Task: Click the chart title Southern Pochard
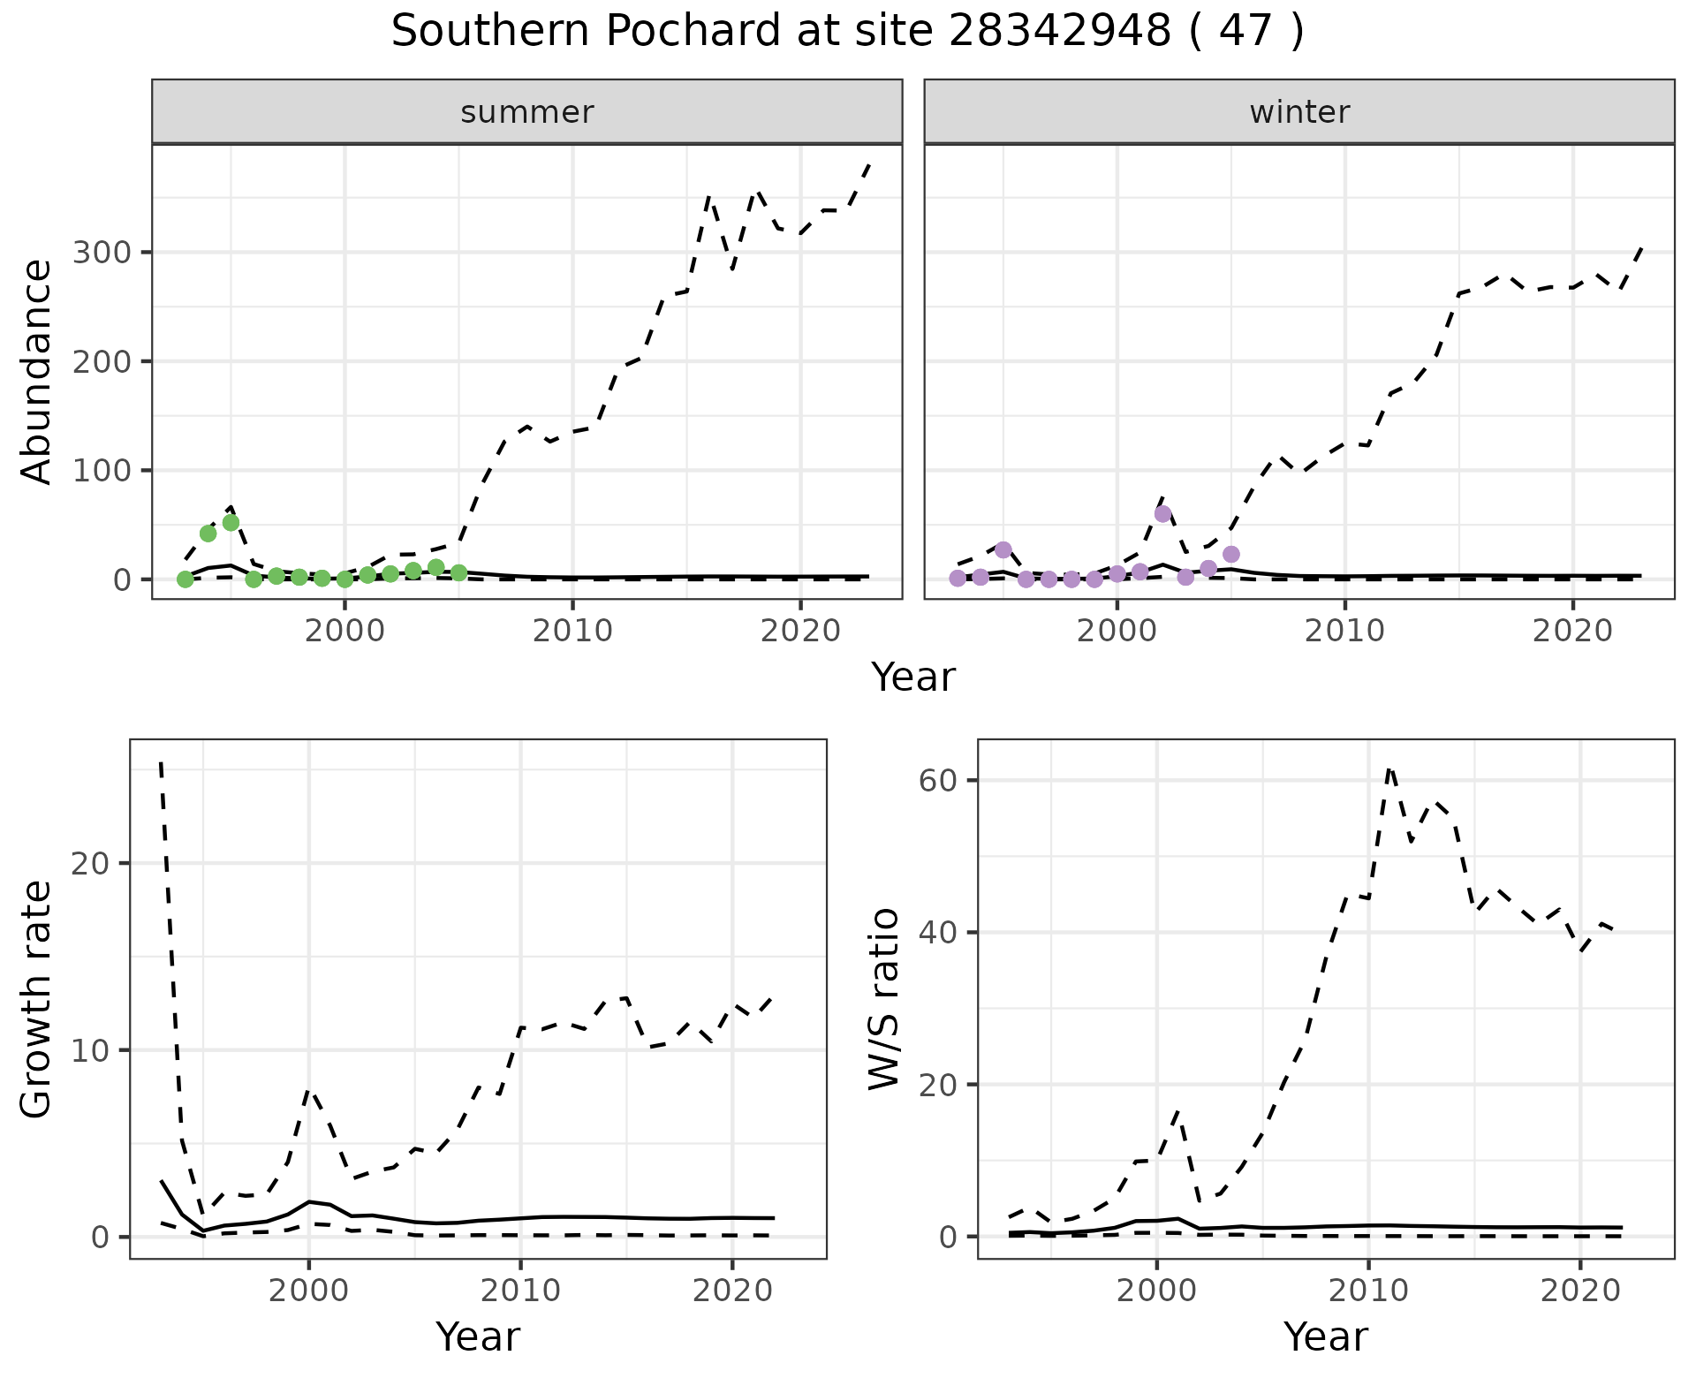click(x=847, y=32)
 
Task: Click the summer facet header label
click(x=526, y=112)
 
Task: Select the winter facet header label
click(x=1298, y=112)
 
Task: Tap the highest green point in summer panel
click(x=231, y=522)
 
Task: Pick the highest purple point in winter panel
click(x=1162, y=514)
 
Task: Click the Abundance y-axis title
click(x=37, y=371)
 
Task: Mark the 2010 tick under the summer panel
click(x=572, y=632)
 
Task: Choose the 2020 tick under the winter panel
click(x=1572, y=632)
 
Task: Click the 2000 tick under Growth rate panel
click(x=308, y=1291)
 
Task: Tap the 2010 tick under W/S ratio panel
click(x=1368, y=1291)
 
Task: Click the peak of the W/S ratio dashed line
click(x=1389, y=768)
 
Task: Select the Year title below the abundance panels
click(x=912, y=678)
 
